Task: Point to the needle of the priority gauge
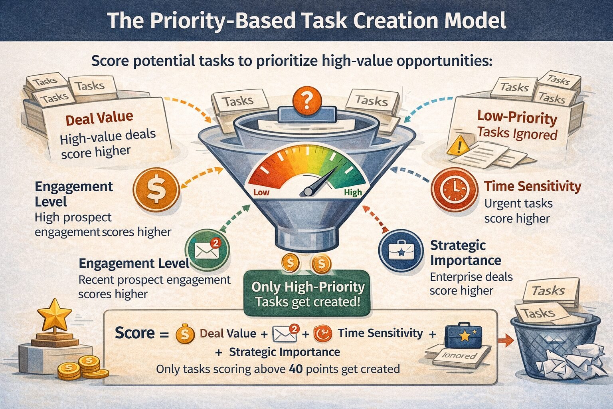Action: tap(319, 182)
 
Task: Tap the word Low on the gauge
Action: tap(261, 193)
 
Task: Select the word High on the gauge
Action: tap(353, 193)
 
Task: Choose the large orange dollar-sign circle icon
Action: tap(156, 189)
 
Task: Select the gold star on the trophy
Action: tap(54, 315)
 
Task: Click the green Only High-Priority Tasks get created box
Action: tap(307, 294)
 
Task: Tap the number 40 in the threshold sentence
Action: tap(296, 369)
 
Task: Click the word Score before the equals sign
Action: tap(134, 333)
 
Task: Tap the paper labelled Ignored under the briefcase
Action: tap(459, 355)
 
